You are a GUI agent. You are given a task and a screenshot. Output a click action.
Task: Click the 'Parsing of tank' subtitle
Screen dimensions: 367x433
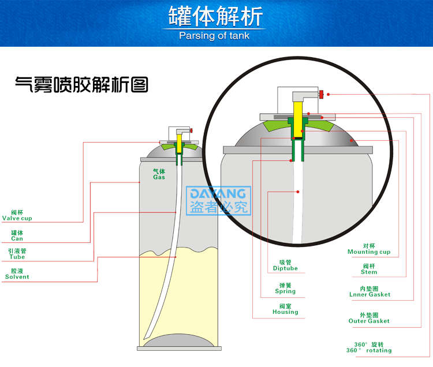tap(214, 36)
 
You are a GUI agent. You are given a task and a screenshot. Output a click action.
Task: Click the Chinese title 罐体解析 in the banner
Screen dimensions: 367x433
tap(215, 16)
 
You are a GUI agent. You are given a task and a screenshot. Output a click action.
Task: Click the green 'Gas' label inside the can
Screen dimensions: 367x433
tap(159, 174)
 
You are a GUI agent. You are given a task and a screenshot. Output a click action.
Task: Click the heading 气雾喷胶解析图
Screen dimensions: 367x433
tap(81, 85)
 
